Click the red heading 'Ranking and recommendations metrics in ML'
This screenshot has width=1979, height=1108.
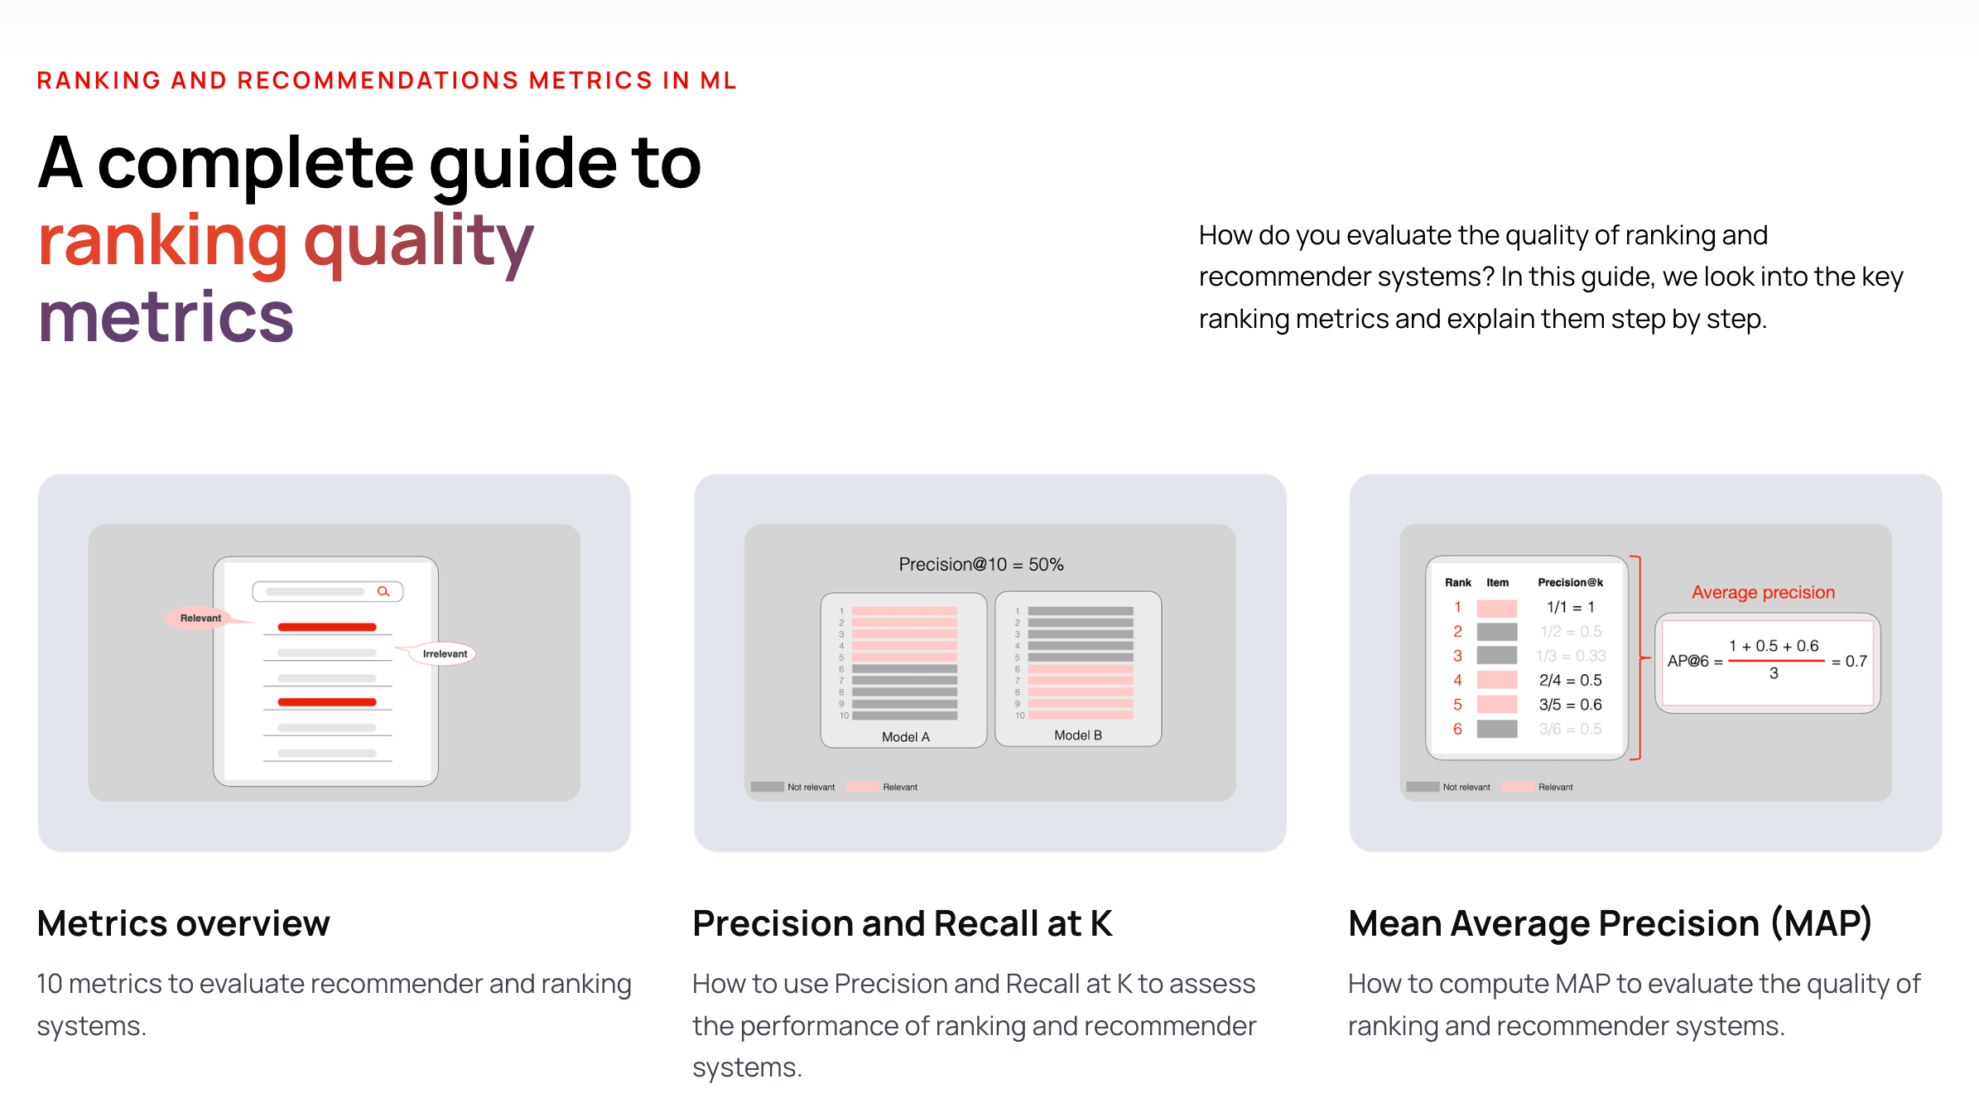click(x=386, y=80)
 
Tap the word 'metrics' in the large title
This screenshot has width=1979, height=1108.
click(x=166, y=317)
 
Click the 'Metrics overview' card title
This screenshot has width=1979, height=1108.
click(x=183, y=923)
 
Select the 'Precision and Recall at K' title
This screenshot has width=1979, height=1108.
click(x=902, y=923)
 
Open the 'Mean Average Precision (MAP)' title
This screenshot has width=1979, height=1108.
click(x=1609, y=923)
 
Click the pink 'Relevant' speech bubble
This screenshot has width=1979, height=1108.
click(x=200, y=618)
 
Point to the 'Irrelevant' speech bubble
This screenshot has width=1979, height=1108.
click(x=445, y=653)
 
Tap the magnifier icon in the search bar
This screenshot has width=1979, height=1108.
click(x=383, y=591)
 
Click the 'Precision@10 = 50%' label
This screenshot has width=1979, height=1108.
click(x=980, y=565)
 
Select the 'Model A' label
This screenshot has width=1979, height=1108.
click(x=905, y=737)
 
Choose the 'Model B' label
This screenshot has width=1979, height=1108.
click(x=1077, y=735)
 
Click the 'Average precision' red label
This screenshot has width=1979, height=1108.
click(x=1762, y=592)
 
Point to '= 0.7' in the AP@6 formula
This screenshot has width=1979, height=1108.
click(x=1849, y=662)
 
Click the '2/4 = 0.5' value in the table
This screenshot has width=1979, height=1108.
click(x=1570, y=680)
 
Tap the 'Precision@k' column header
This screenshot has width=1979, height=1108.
click(x=1570, y=582)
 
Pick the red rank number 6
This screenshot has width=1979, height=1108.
click(x=1457, y=729)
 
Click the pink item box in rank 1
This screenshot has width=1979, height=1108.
click(x=1496, y=608)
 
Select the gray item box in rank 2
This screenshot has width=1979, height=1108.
click(x=1496, y=632)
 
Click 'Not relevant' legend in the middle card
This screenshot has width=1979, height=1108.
click(x=810, y=787)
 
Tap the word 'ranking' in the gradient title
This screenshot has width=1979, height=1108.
click(x=162, y=241)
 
